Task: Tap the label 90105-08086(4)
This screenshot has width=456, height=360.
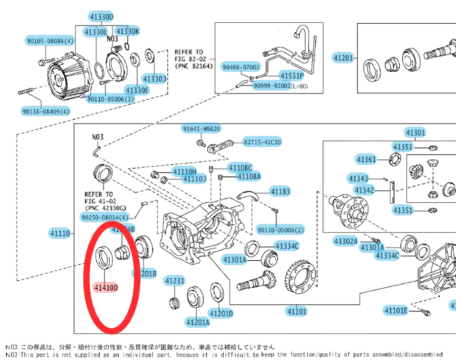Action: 50,41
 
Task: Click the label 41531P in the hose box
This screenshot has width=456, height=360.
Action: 292,76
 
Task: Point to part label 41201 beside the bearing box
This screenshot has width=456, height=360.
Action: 343,58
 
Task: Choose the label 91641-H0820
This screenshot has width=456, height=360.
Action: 201,129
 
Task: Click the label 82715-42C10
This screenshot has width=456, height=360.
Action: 262,142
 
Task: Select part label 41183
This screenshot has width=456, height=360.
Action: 280,191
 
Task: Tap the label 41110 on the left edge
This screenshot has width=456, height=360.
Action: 60,233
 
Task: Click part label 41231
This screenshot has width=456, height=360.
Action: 174,281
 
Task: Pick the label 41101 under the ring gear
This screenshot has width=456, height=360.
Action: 296,312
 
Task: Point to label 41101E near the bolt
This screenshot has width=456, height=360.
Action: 396,311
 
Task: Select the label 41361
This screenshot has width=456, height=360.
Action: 366,159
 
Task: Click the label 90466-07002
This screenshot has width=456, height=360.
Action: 241,67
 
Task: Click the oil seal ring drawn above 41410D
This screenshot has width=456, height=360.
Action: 103,256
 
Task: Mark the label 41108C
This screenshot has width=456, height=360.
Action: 240,168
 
